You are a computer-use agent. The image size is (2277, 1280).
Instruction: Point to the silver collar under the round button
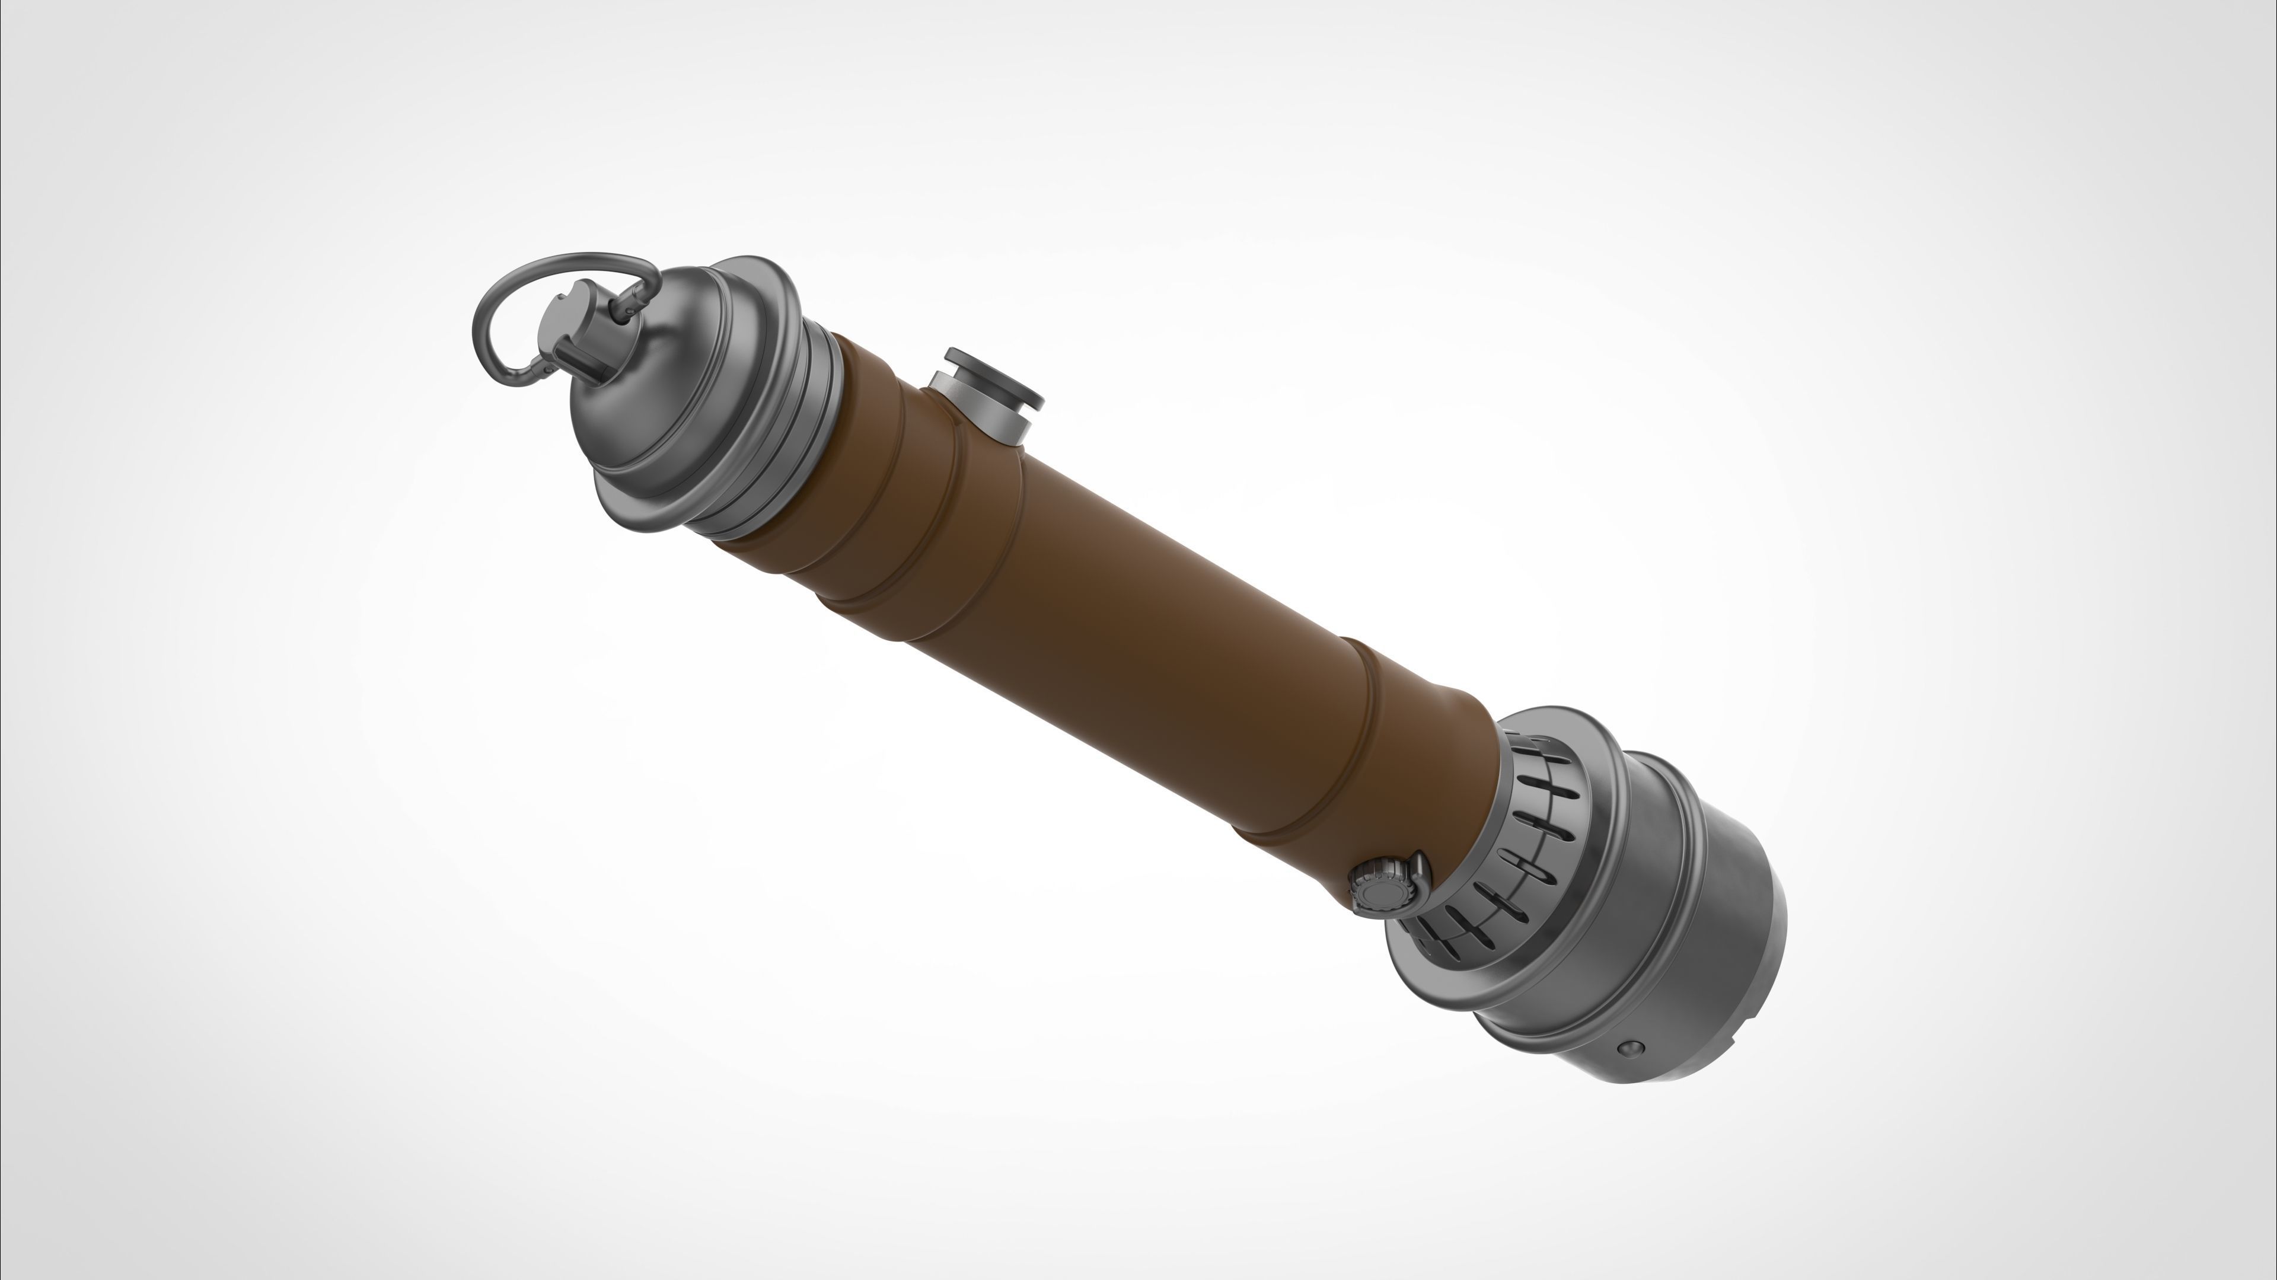[x=972, y=416]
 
